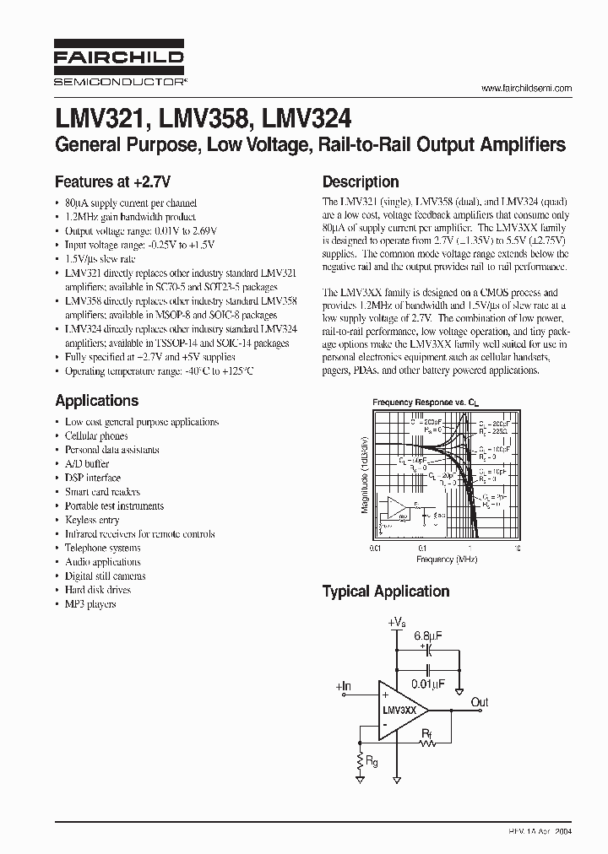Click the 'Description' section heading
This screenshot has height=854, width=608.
[x=361, y=181]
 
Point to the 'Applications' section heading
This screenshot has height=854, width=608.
[x=96, y=401]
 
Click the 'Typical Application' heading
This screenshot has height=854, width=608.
[x=385, y=592]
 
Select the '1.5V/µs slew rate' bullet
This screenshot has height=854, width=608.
[x=100, y=259]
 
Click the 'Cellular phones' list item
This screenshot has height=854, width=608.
[x=96, y=436]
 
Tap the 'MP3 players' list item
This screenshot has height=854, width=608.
[x=90, y=604]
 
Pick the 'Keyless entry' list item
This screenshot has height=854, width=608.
[x=92, y=520]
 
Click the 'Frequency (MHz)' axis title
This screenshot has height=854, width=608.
[x=445, y=559]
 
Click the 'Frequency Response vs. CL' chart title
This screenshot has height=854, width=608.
[x=419, y=403]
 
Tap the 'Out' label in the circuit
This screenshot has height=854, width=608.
[x=479, y=702]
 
